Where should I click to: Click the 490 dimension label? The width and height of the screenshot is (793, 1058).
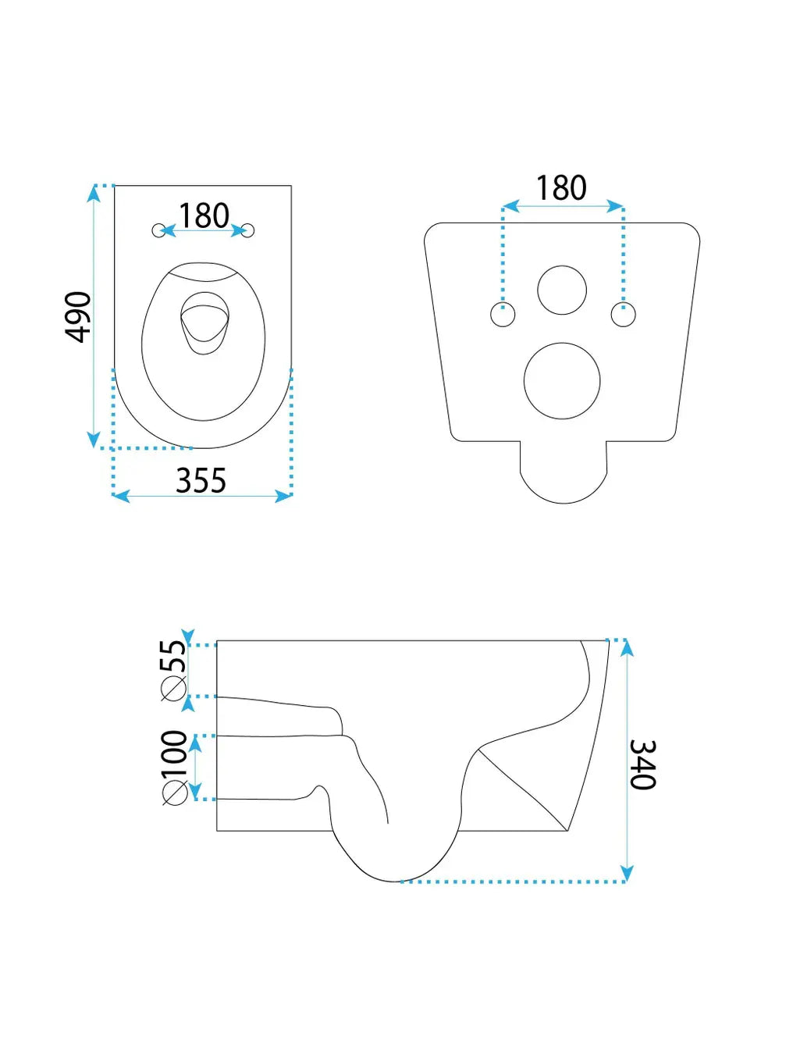[77, 317]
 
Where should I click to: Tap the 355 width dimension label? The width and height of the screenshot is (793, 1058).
[201, 480]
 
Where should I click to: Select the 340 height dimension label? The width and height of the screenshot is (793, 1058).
[642, 764]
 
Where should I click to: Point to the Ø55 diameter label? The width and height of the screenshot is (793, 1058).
[173, 671]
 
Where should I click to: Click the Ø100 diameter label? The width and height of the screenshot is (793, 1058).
[175, 768]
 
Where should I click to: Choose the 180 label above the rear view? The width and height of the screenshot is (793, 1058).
[561, 187]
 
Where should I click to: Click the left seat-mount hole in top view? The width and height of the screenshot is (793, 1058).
[158, 230]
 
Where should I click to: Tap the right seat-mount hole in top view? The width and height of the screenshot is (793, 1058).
[248, 230]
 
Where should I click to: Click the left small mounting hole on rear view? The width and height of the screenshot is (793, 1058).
[503, 315]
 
